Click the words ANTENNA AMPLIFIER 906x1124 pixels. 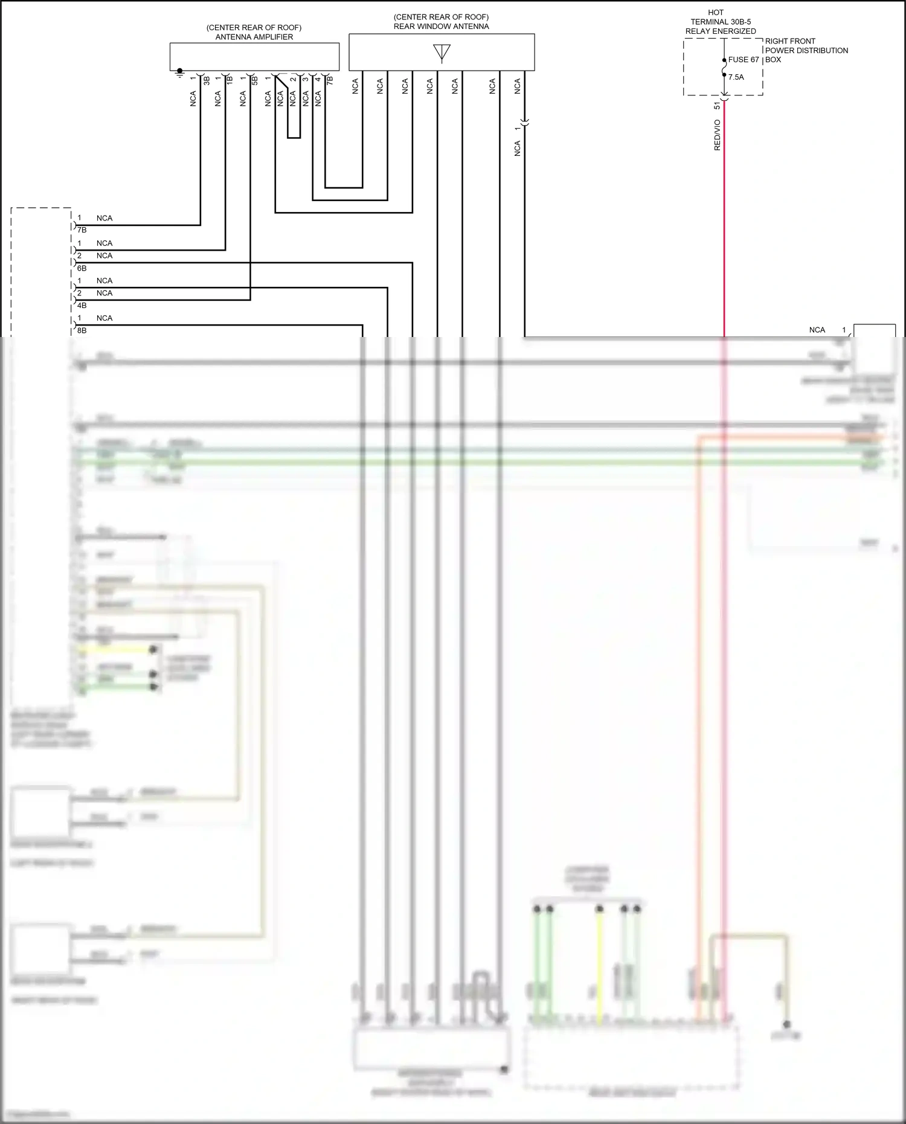tap(254, 37)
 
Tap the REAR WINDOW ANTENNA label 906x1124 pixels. tap(441, 27)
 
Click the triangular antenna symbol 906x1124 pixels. tap(442, 53)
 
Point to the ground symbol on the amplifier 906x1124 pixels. tap(179, 72)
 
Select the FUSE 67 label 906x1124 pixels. tap(744, 60)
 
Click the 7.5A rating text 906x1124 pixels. tap(736, 77)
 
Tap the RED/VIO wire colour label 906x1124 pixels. tap(717, 135)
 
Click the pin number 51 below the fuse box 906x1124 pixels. tap(717, 105)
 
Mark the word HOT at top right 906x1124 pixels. tap(716, 13)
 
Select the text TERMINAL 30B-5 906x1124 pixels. tap(721, 22)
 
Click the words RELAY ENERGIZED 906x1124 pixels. tap(721, 31)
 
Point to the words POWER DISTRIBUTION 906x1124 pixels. tap(806, 51)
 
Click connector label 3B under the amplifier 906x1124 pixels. tap(207, 80)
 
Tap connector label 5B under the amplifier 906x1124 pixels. tap(255, 80)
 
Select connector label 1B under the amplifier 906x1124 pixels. tap(230, 79)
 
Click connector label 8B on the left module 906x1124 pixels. tap(82, 331)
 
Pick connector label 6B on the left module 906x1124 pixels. tap(82, 268)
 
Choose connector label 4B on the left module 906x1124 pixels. tap(82, 306)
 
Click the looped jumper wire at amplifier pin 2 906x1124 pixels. tap(294, 137)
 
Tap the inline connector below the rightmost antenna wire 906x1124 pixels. tap(524, 123)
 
